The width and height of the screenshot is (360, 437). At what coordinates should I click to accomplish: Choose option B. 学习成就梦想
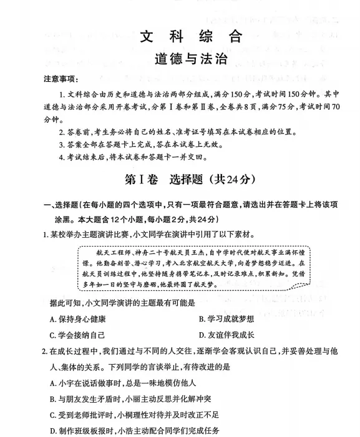point(227,319)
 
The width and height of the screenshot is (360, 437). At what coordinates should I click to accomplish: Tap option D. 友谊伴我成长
point(227,334)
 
